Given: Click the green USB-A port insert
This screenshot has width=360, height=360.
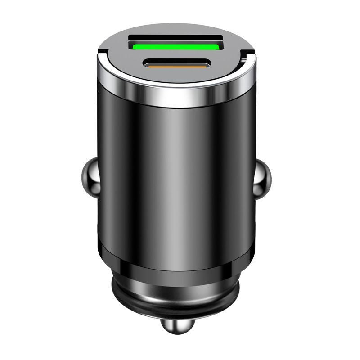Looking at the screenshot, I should click(x=176, y=45).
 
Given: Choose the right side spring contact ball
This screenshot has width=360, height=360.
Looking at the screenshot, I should click(x=263, y=180).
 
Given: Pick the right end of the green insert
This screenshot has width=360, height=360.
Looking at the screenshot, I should click(x=218, y=45).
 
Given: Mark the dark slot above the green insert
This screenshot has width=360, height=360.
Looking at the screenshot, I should click(x=176, y=38).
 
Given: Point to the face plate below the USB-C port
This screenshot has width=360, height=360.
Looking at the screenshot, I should click(x=175, y=78).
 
